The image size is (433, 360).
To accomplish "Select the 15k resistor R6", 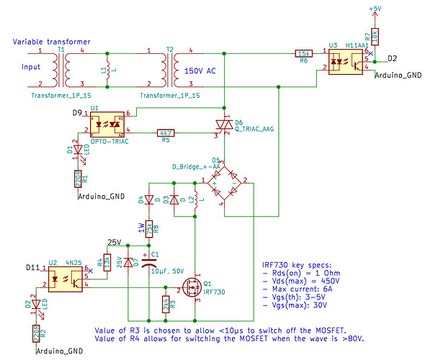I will (x=303, y=53).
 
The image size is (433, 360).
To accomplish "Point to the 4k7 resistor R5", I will (x=165, y=132).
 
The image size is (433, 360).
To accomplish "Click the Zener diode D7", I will (x=128, y=262).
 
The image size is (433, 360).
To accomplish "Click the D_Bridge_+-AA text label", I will (x=196, y=166).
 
